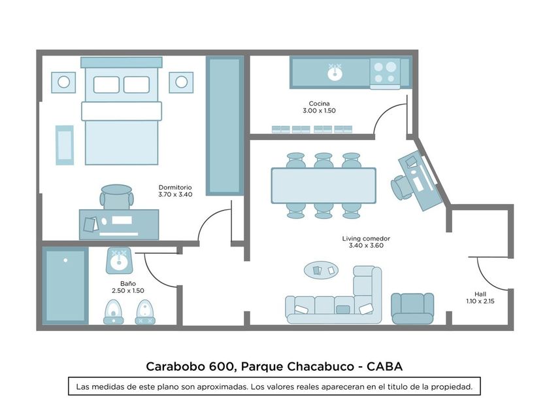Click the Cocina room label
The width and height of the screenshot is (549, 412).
(319, 103)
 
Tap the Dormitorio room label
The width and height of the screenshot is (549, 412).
(175, 187)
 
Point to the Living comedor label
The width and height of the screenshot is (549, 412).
(366, 239)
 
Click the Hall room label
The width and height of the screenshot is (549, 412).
(480, 294)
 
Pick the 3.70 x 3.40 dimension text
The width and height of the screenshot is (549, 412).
(175, 195)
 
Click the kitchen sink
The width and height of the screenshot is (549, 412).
(335, 72)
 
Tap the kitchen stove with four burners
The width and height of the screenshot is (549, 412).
(385, 71)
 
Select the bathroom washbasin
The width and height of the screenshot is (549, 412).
(120, 261)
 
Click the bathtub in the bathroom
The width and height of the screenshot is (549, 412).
(65, 284)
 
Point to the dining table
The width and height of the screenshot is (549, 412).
(324, 186)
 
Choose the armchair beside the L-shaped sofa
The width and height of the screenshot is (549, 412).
(412, 307)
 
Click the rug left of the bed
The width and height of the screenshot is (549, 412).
(65, 145)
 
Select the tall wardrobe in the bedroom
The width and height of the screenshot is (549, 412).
(225, 126)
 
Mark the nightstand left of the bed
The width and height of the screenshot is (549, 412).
(63, 82)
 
